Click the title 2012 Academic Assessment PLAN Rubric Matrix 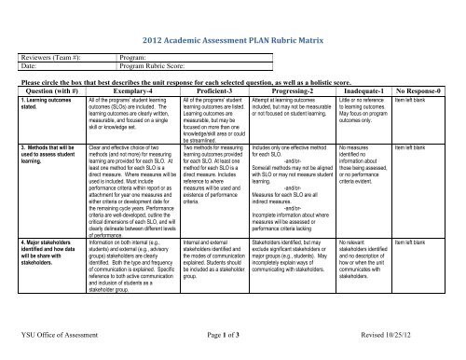click(x=239, y=43)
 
